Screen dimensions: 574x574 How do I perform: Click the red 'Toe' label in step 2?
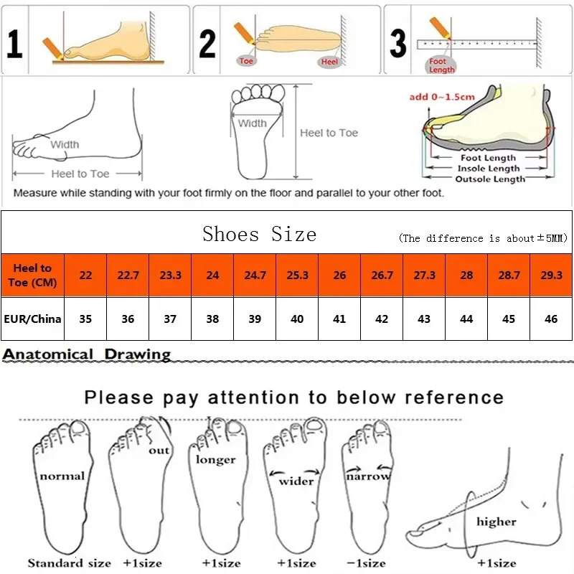247,61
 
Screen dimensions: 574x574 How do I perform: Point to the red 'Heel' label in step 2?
329,62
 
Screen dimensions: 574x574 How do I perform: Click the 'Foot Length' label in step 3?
441,66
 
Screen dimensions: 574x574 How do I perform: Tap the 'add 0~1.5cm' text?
441,97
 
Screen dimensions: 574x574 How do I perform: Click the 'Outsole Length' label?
490,179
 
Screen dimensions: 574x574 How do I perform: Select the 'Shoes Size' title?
259,234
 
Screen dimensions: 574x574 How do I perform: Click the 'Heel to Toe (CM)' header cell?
32,275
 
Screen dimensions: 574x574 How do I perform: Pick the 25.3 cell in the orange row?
297,276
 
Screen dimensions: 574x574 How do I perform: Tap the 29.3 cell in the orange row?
551,276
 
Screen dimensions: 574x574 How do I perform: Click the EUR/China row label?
32,319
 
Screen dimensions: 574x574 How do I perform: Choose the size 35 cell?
85,319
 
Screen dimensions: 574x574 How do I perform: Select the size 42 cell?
382,319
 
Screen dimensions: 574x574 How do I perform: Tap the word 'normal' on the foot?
62,476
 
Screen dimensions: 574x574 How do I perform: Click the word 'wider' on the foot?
296,480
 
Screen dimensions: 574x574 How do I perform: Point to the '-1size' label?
365,563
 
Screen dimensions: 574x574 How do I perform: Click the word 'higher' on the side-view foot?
496,522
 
